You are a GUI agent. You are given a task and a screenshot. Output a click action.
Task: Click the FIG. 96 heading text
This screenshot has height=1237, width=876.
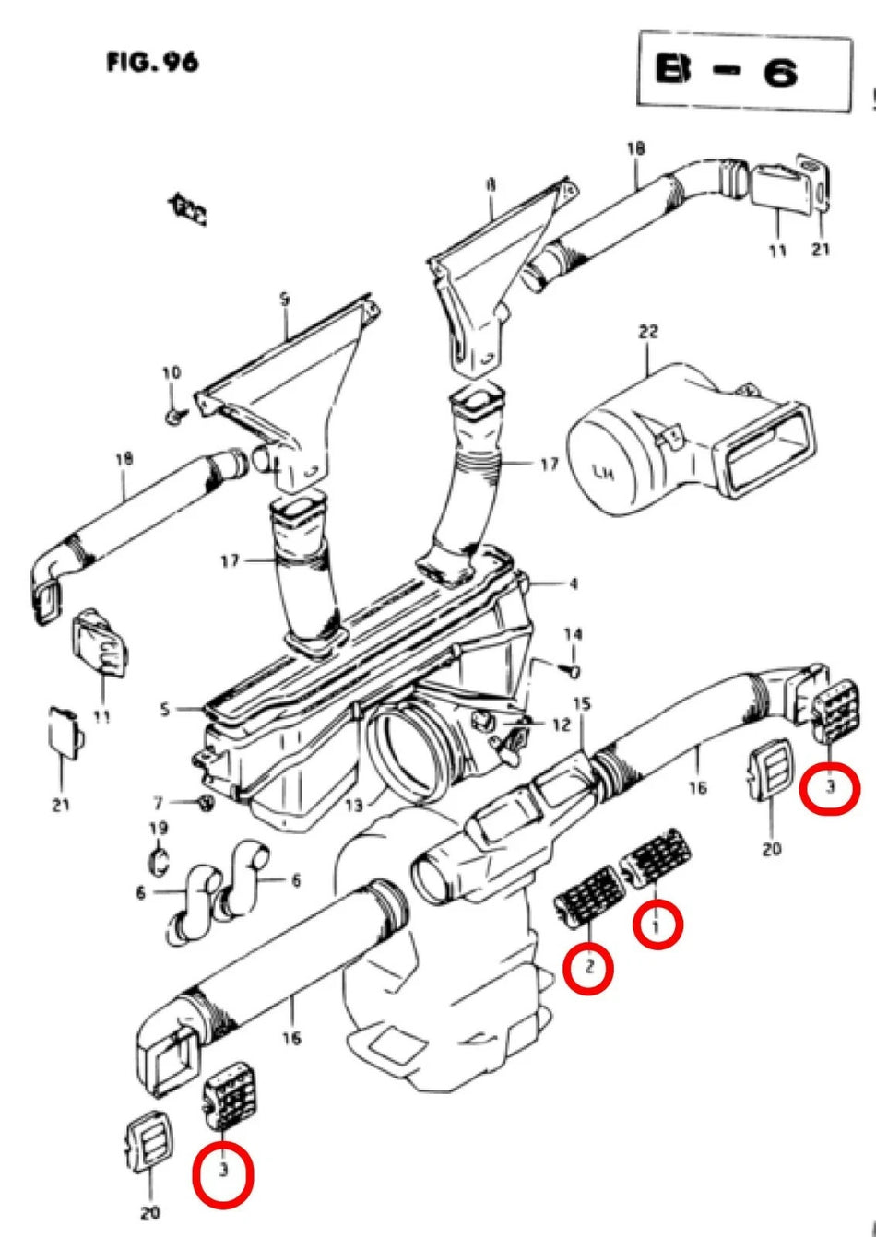(x=152, y=63)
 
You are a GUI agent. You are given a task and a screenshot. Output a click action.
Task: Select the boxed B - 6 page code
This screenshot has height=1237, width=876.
(x=743, y=72)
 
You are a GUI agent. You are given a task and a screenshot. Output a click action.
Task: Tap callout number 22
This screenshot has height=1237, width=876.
(x=648, y=331)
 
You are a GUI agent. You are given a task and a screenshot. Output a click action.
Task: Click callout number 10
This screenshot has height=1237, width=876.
(x=172, y=373)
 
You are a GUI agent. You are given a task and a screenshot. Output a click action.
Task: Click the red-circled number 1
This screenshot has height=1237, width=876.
(x=657, y=924)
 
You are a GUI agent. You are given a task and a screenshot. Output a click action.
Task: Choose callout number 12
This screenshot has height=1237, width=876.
(x=561, y=725)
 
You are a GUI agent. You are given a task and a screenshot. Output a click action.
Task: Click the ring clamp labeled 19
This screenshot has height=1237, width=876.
(x=159, y=861)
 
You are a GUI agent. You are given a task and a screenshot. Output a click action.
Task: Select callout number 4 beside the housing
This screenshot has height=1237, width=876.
(x=573, y=583)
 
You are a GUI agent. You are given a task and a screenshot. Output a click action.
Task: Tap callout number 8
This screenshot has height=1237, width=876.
(x=491, y=185)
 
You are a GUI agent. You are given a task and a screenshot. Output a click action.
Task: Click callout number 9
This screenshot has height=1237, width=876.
(x=285, y=300)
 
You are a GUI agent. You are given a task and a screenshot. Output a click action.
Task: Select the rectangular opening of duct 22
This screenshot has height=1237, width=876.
(x=770, y=449)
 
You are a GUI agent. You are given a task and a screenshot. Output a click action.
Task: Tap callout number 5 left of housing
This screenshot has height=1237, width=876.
(x=164, y=710)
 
